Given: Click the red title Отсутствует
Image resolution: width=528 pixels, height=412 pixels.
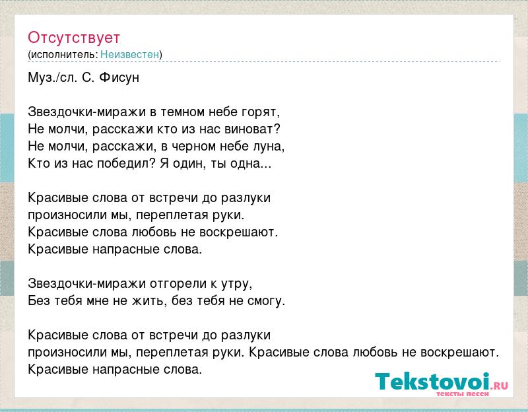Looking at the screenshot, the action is click(x=74, y=38).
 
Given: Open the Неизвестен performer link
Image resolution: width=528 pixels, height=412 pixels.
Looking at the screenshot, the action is click(x=129, y=55).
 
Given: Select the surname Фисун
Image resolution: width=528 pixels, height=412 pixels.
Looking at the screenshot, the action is click(x=119, y=78).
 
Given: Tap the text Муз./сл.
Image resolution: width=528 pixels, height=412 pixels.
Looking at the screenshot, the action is click(x=53, y=78).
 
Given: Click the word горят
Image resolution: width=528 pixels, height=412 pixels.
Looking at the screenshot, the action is click(x=261, y=112).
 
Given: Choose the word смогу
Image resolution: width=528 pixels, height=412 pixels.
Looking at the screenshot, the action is click(x=267, y=302).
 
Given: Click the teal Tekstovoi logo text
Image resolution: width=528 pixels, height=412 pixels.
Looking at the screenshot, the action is click(x=432, y=382).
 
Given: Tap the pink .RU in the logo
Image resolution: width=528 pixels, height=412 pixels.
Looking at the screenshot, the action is click(x=500, y=386).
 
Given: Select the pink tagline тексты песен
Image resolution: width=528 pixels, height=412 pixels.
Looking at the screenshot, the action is click(x=463, y=394).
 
